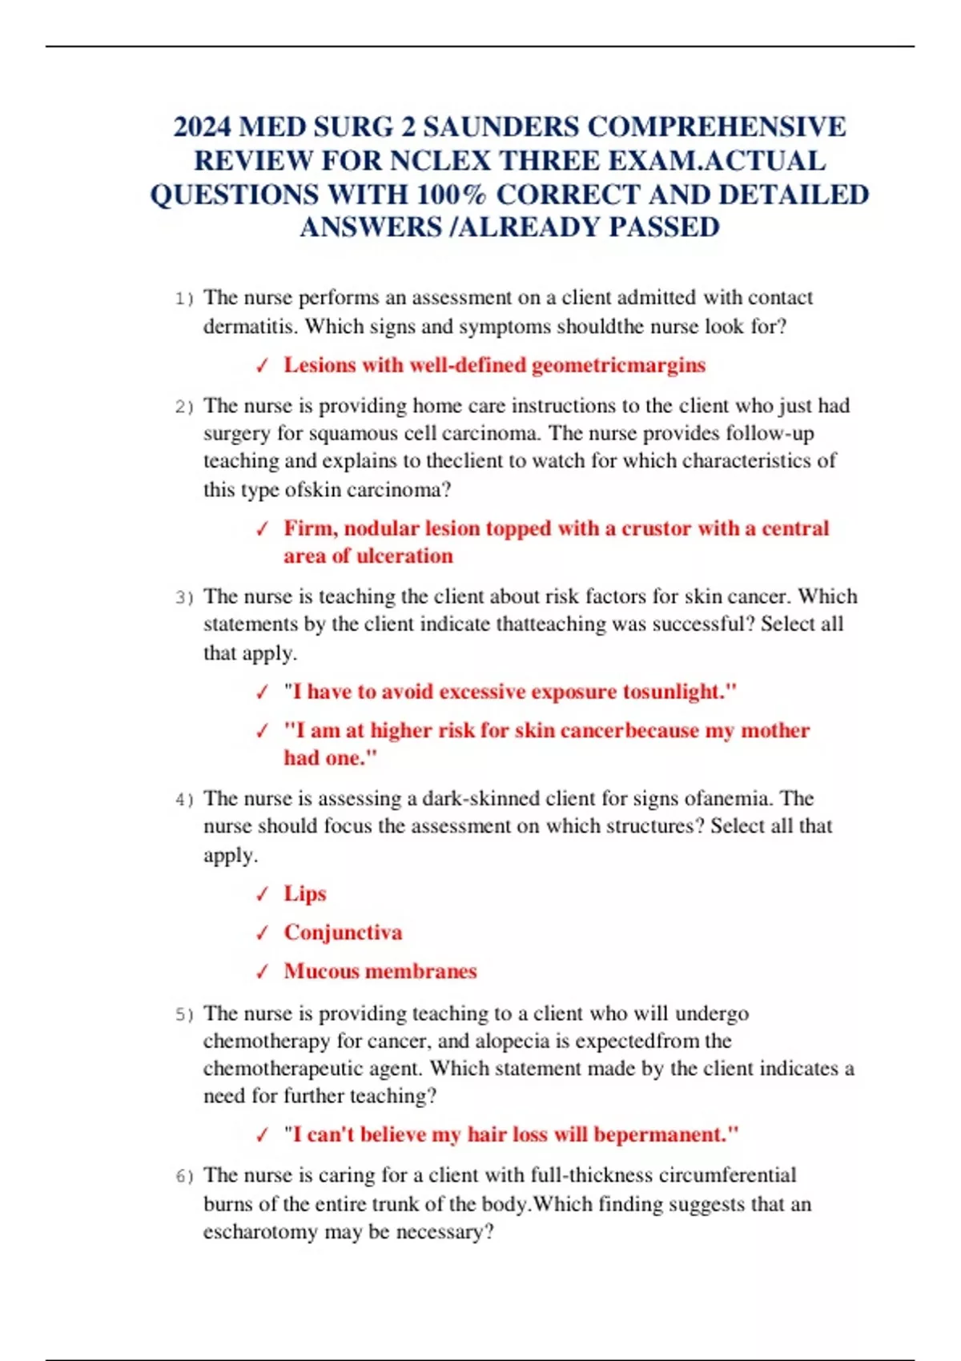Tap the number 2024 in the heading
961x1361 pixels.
click(202, 127)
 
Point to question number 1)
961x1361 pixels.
click(184, 299)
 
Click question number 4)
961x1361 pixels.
click(184, 800)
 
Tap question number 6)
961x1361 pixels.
click(184, 1177)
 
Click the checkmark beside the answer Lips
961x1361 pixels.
click(262, 894)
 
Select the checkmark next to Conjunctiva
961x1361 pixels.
click(262, 933)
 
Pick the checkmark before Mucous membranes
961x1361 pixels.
click(262, 972)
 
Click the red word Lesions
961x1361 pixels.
click(320, 366)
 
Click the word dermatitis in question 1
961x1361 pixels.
click(250, 327)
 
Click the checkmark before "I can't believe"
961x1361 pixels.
click(262, 1135)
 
